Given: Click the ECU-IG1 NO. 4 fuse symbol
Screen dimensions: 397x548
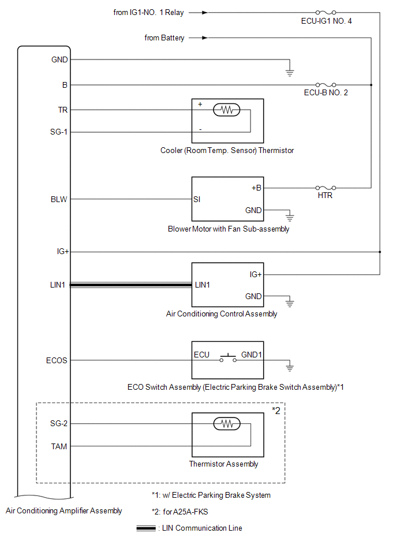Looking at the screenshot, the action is [326, 13].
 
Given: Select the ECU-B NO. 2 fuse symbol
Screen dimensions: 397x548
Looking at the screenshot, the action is [326, 84].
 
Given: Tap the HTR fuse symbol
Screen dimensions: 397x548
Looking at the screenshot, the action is [326, 188].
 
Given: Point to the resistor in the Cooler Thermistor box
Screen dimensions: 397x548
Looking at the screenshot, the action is [227, 110].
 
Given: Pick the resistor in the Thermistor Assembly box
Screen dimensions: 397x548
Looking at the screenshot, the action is [227, 424].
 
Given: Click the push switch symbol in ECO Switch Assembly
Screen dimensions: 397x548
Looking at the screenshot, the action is [228, 358].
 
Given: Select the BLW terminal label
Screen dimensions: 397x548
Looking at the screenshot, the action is [59, 199].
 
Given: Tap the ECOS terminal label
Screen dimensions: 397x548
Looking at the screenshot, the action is [57, 360].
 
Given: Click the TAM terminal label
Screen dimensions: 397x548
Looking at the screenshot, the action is [59, 446].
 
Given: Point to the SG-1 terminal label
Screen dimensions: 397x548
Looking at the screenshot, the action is [59, 132].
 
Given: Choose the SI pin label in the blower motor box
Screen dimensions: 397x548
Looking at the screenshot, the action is [197, 199].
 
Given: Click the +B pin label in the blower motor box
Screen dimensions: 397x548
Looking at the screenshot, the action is [256, 188].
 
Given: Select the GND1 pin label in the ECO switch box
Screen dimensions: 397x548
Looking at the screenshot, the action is [252, 355].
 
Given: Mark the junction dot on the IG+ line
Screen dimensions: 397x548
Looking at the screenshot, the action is [380, 252].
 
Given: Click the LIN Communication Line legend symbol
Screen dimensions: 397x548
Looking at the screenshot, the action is [146, 528].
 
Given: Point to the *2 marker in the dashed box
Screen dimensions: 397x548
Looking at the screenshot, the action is [276, 411].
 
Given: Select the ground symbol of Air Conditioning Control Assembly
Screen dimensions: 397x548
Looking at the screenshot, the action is [290, 303].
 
